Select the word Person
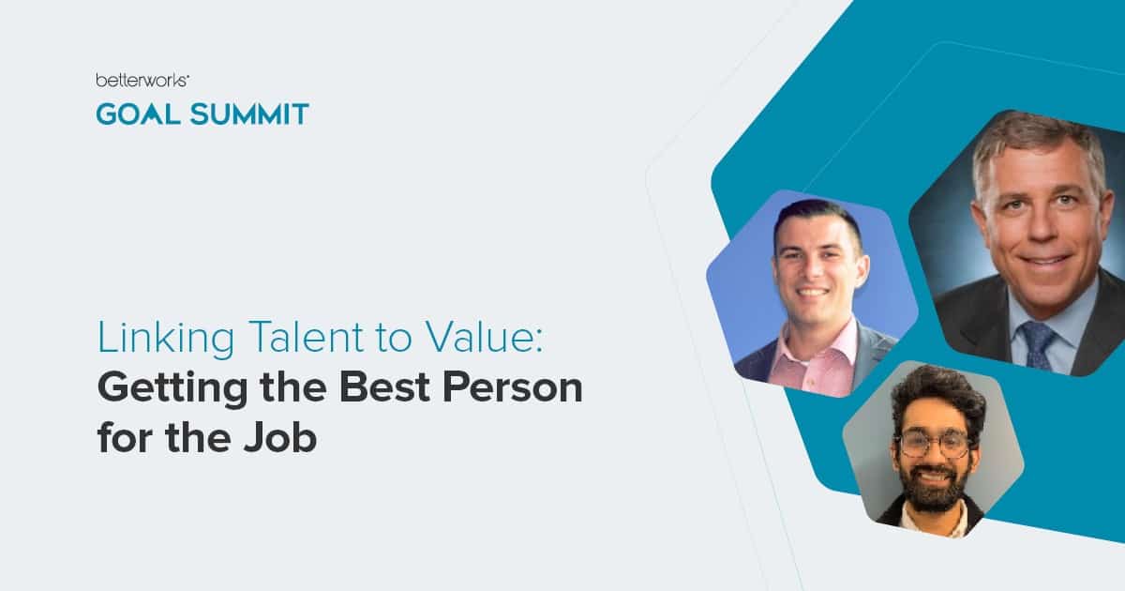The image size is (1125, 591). click(509, 387)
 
